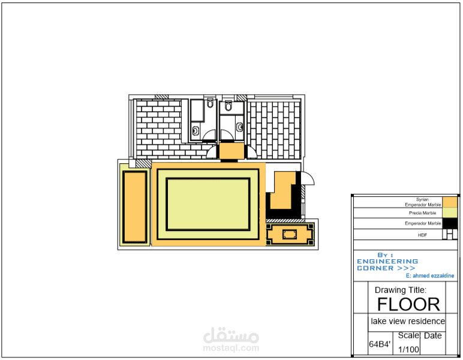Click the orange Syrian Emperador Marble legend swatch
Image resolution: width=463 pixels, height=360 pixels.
[450, 202]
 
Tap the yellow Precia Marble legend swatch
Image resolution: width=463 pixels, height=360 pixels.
[450, 212]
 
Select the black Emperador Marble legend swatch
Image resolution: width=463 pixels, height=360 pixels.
[450, 223]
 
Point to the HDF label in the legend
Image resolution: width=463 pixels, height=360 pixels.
[422, 235]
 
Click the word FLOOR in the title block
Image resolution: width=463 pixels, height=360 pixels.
[408, 304]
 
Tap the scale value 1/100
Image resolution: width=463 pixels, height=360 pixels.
[408, 349]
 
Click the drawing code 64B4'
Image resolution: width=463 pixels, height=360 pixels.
[380, 344]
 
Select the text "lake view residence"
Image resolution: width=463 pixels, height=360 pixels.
[408, 321]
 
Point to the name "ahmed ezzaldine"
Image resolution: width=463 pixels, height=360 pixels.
[433, 275]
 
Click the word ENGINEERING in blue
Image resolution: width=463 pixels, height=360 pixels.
[387, 262]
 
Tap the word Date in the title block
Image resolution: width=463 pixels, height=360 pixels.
[433, 335]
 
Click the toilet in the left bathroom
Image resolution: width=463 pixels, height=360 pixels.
[210, 103]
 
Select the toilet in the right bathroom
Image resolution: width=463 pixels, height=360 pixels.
[229, 106]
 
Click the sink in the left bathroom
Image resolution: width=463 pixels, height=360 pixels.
[196, 130]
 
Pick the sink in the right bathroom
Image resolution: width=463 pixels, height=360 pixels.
[239, 127]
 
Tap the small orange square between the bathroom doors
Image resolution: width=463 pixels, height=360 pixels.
[231, 151]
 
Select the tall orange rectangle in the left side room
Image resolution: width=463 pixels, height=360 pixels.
[135, 207]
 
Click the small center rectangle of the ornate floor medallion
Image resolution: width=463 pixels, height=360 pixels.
[289, 235]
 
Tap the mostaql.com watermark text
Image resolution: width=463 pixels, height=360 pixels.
[231, 348]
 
